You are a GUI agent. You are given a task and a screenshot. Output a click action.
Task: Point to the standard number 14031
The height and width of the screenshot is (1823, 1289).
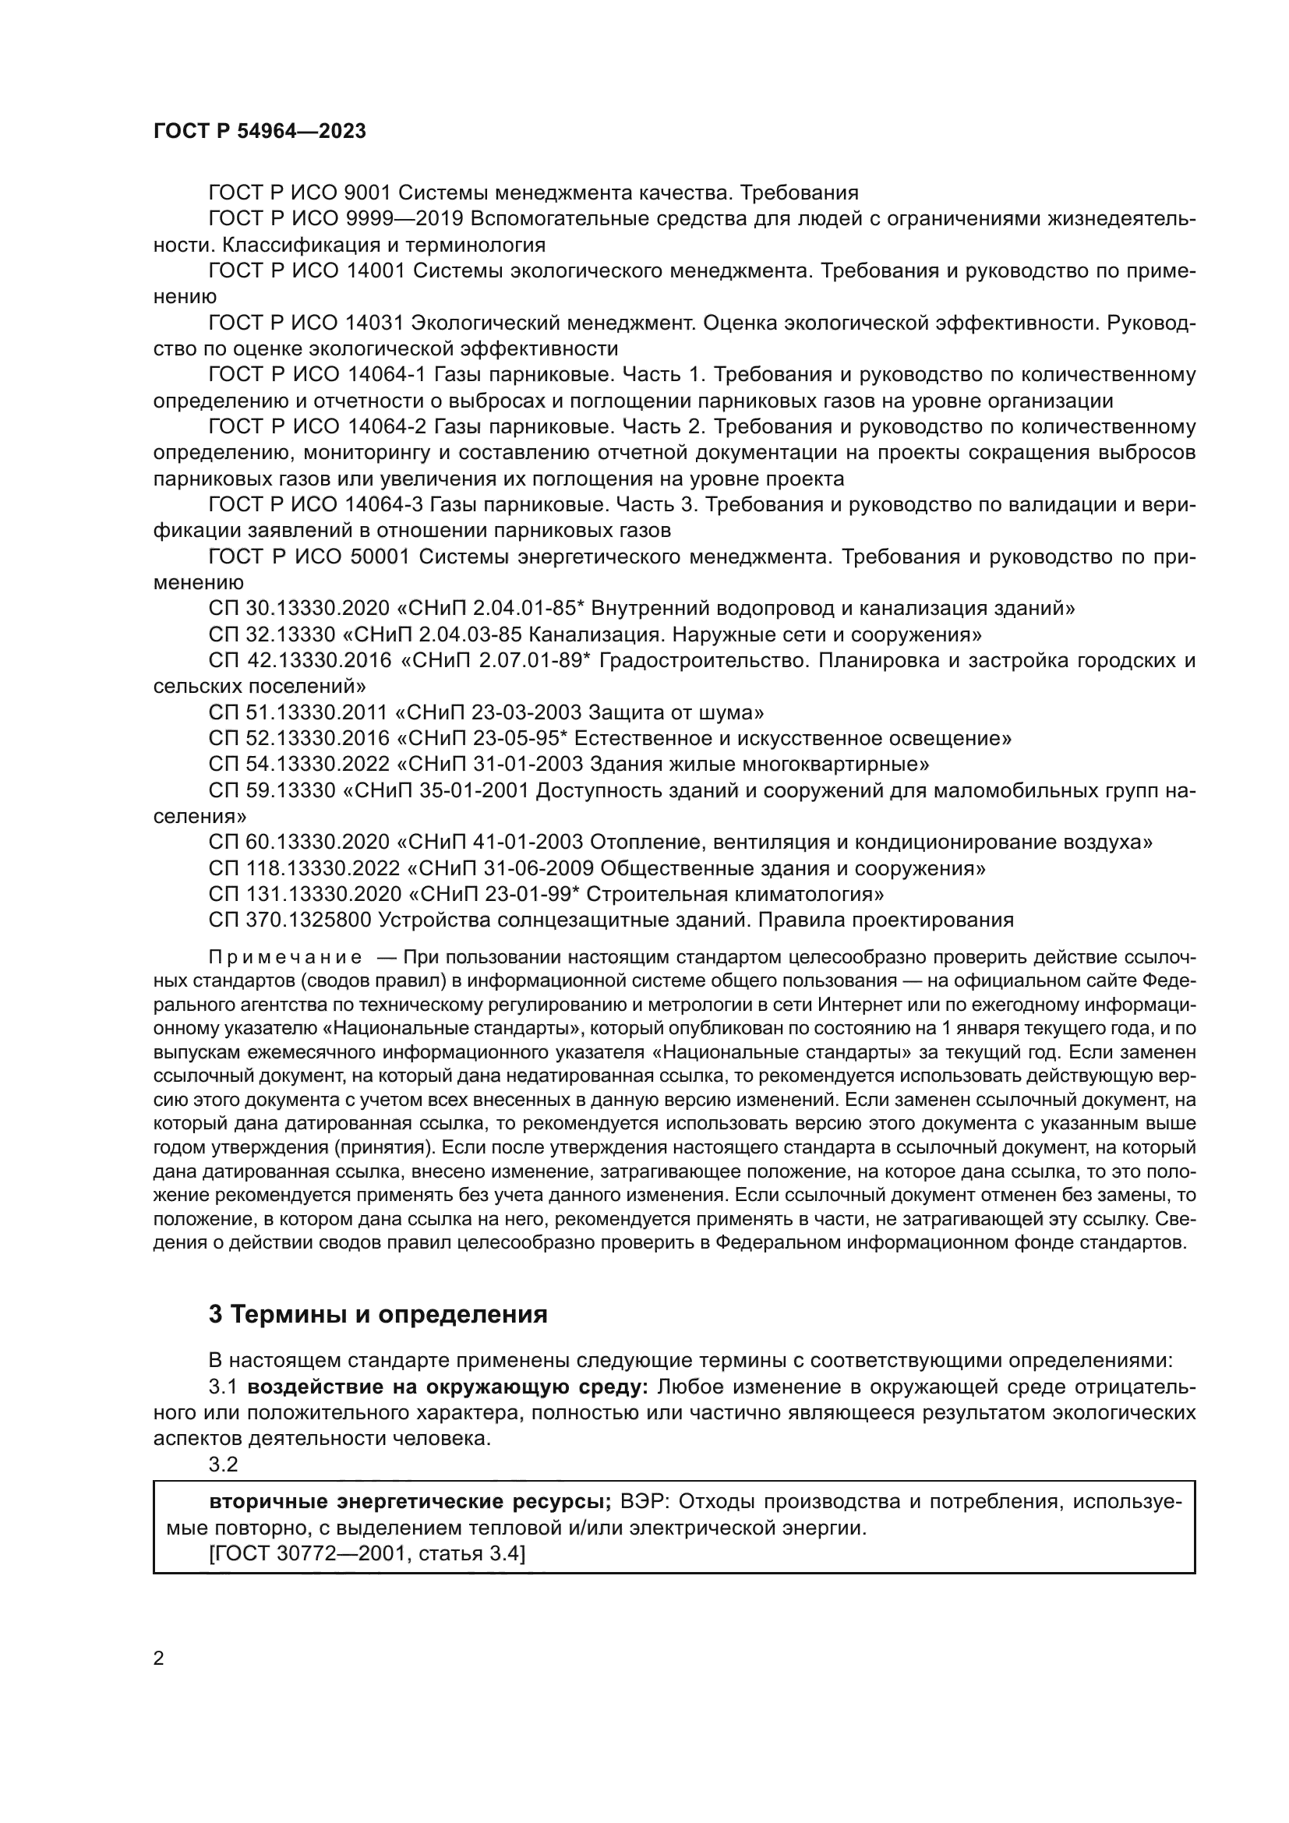point(376,323)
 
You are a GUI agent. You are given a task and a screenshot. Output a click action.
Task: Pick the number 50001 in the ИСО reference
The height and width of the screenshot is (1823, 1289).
point(379,557)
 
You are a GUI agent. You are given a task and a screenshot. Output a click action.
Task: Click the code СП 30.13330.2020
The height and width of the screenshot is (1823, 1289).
point(299,609)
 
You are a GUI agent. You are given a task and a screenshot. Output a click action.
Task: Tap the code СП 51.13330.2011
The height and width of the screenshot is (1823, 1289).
point(299,712)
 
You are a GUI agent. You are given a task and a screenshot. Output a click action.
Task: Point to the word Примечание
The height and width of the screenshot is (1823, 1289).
point(285,958)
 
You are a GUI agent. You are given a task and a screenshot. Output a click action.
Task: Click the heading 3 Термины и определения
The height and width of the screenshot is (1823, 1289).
point(378,1314)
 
